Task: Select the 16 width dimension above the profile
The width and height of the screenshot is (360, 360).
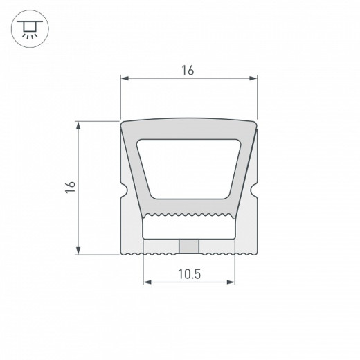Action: tap(188, 70)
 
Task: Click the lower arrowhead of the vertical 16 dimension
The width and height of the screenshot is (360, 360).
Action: tap(79, 251)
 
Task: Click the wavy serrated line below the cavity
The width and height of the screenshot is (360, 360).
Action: tap(188, 215)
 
